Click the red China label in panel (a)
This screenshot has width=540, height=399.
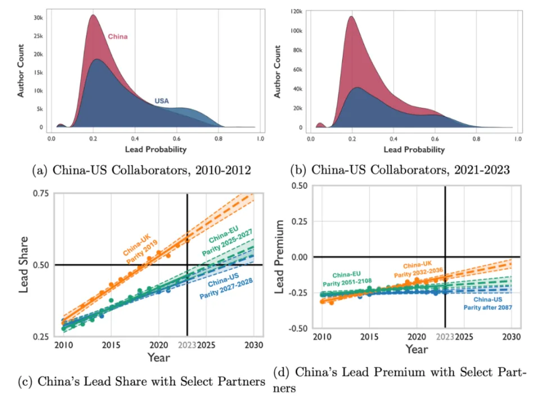(117, 37)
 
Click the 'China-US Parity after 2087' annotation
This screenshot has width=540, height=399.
(487, 304)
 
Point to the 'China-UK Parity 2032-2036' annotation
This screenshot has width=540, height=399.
(416, 267)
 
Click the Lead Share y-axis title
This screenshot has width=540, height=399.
(26, 264)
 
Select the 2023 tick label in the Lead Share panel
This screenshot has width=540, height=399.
(186, 344)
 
